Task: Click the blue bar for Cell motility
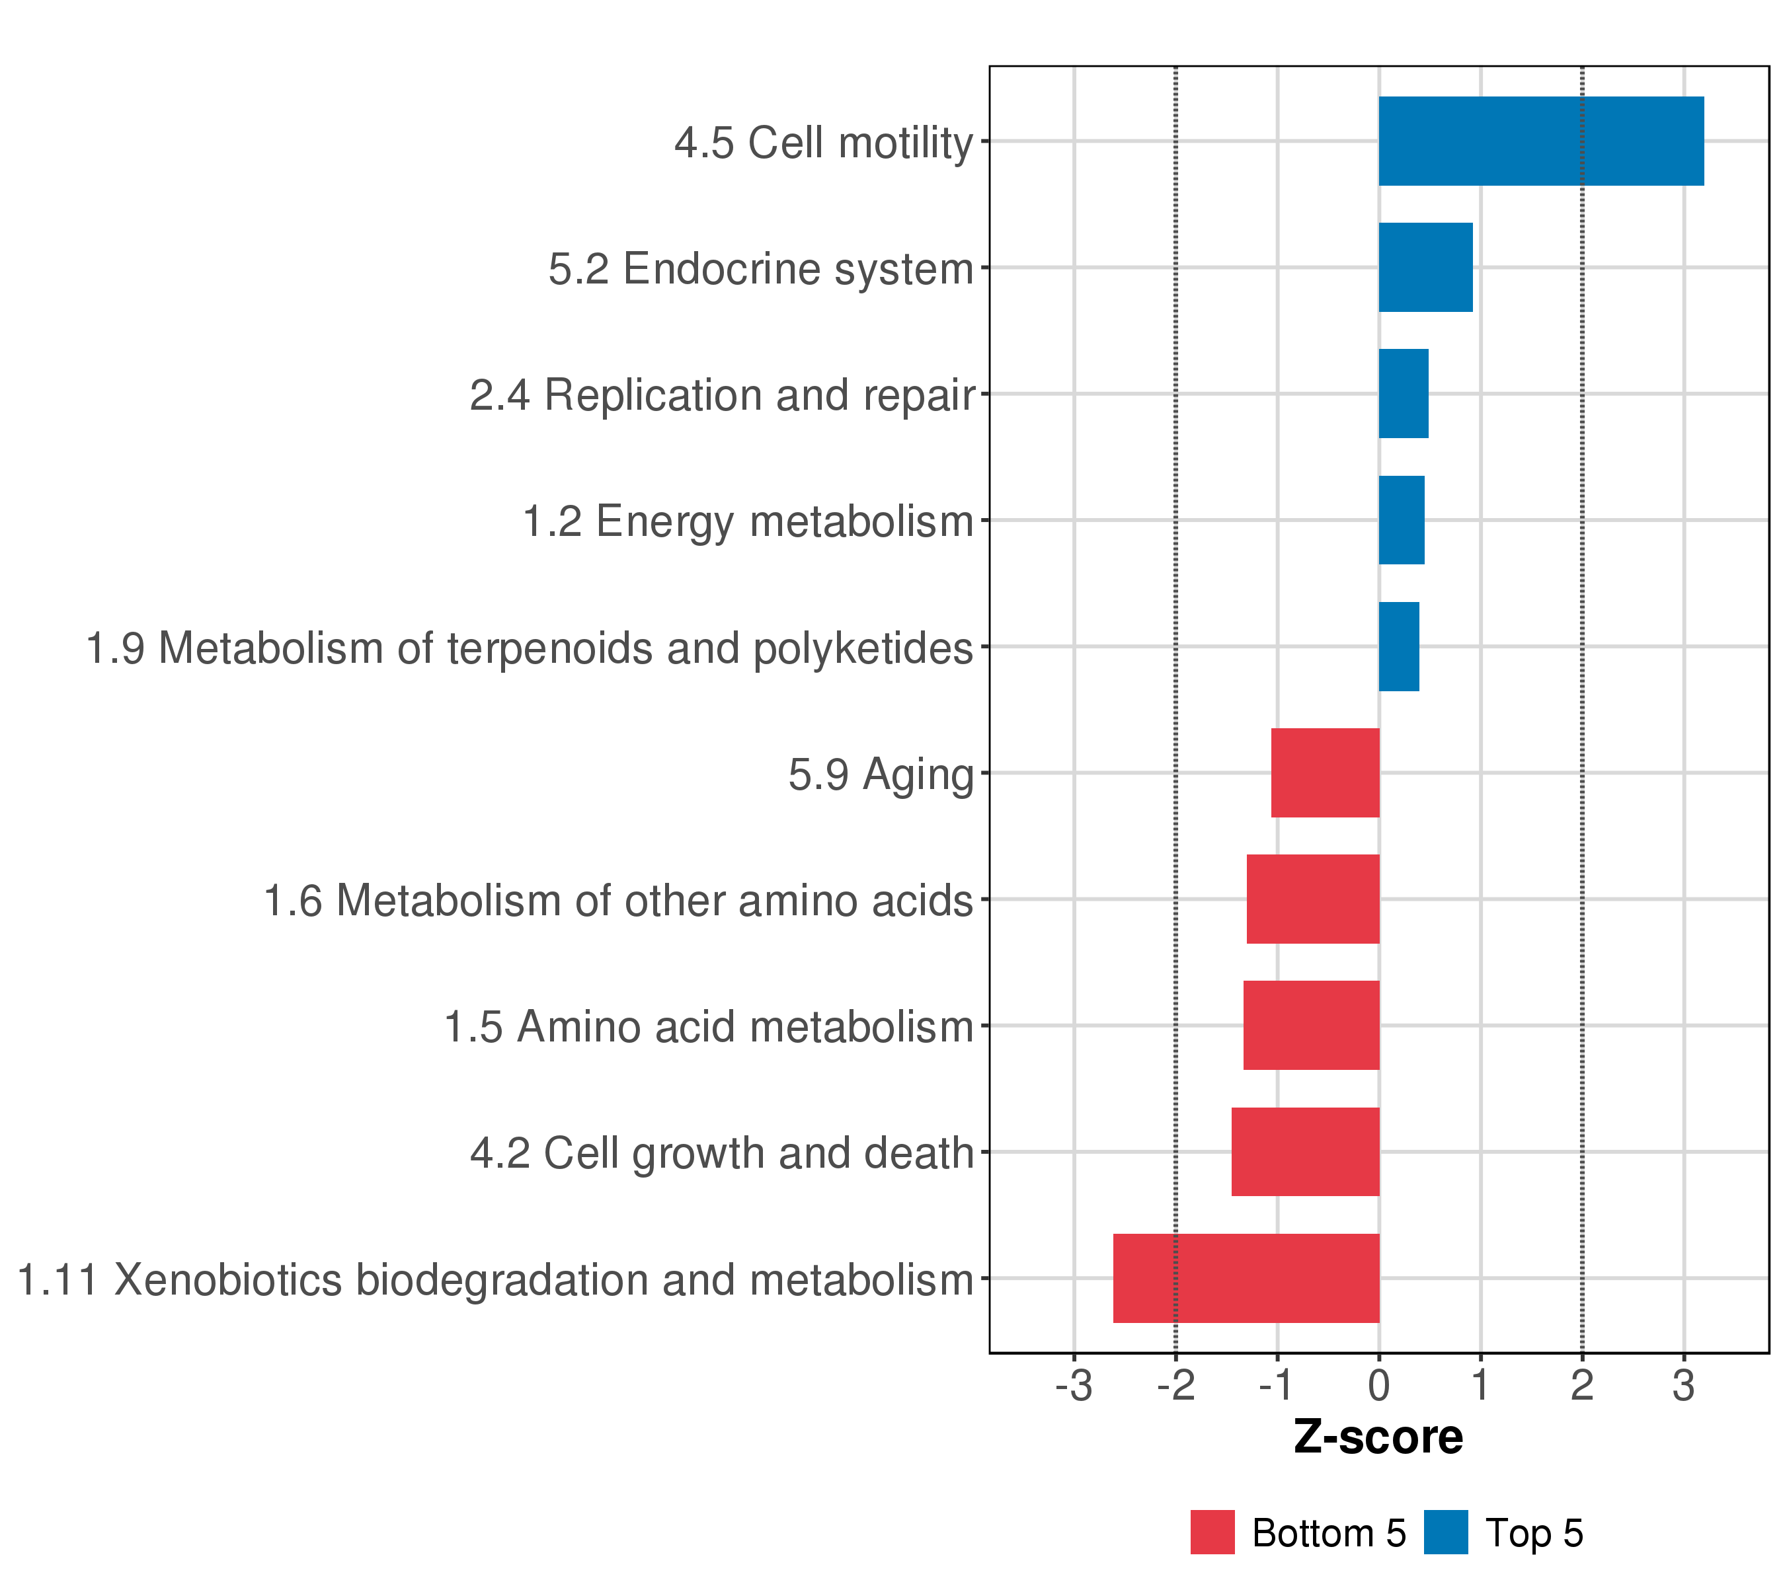[1540, 141]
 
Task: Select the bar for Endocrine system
[1425, 267]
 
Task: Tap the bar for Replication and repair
[1404, 394]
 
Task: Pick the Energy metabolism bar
[1401, 520]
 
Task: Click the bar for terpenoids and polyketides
[1398, 647]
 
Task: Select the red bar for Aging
[1325, 773]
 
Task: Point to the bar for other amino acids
[1312, 899]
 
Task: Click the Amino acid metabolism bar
[1311, 1026]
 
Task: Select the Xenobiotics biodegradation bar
[1246, 1278]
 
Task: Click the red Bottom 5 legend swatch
[1212, 1532]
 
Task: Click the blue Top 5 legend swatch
[1445, 1532]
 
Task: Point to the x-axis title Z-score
[1378, 1437]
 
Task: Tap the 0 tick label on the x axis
[1379, 1386]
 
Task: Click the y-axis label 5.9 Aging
[881, 774]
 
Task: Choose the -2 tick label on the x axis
[1175, 1386]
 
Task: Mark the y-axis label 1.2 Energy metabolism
[748, 522]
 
